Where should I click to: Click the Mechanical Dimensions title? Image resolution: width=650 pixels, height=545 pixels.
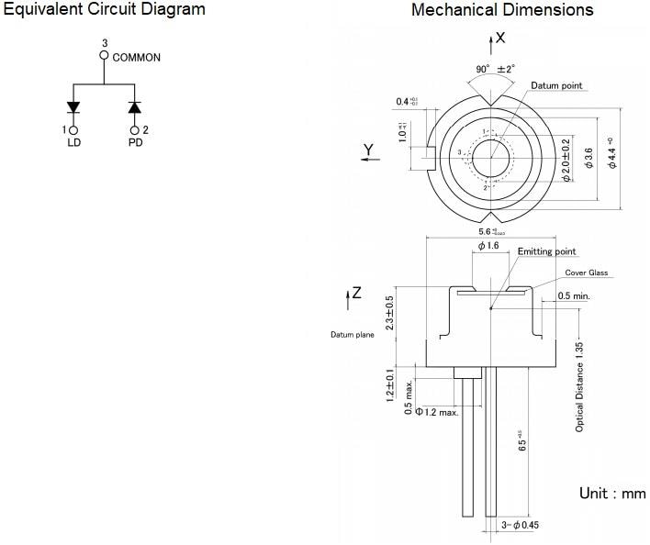pos(502,10)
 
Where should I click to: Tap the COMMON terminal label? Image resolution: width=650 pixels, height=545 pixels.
pos(136,57)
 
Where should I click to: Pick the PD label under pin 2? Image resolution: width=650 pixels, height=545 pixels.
pos(135,144)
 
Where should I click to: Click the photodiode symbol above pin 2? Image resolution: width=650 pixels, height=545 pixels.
pos(135,107)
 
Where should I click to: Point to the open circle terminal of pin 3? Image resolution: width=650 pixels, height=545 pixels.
pos(104,56)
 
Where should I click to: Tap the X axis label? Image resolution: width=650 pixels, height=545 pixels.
pos(500,38)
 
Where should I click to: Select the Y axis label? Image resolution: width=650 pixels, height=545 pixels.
pos(367,150)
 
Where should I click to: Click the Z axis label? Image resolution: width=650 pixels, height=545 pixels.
pos(356,294)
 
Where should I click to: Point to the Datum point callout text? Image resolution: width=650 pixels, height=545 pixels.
pos(556,85)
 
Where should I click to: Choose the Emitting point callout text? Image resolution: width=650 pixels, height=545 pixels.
pos(546,251)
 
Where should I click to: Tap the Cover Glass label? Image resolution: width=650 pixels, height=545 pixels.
pos(586,272)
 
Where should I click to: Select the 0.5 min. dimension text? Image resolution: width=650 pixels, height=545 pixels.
pos(574,296)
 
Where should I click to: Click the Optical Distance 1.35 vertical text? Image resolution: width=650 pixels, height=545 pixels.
pos(579,386)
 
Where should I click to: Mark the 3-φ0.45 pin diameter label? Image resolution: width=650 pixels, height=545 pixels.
pos(520,526)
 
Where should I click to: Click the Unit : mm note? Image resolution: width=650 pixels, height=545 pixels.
pos(611,494)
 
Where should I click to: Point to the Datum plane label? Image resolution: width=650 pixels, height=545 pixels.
pos(353,335)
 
